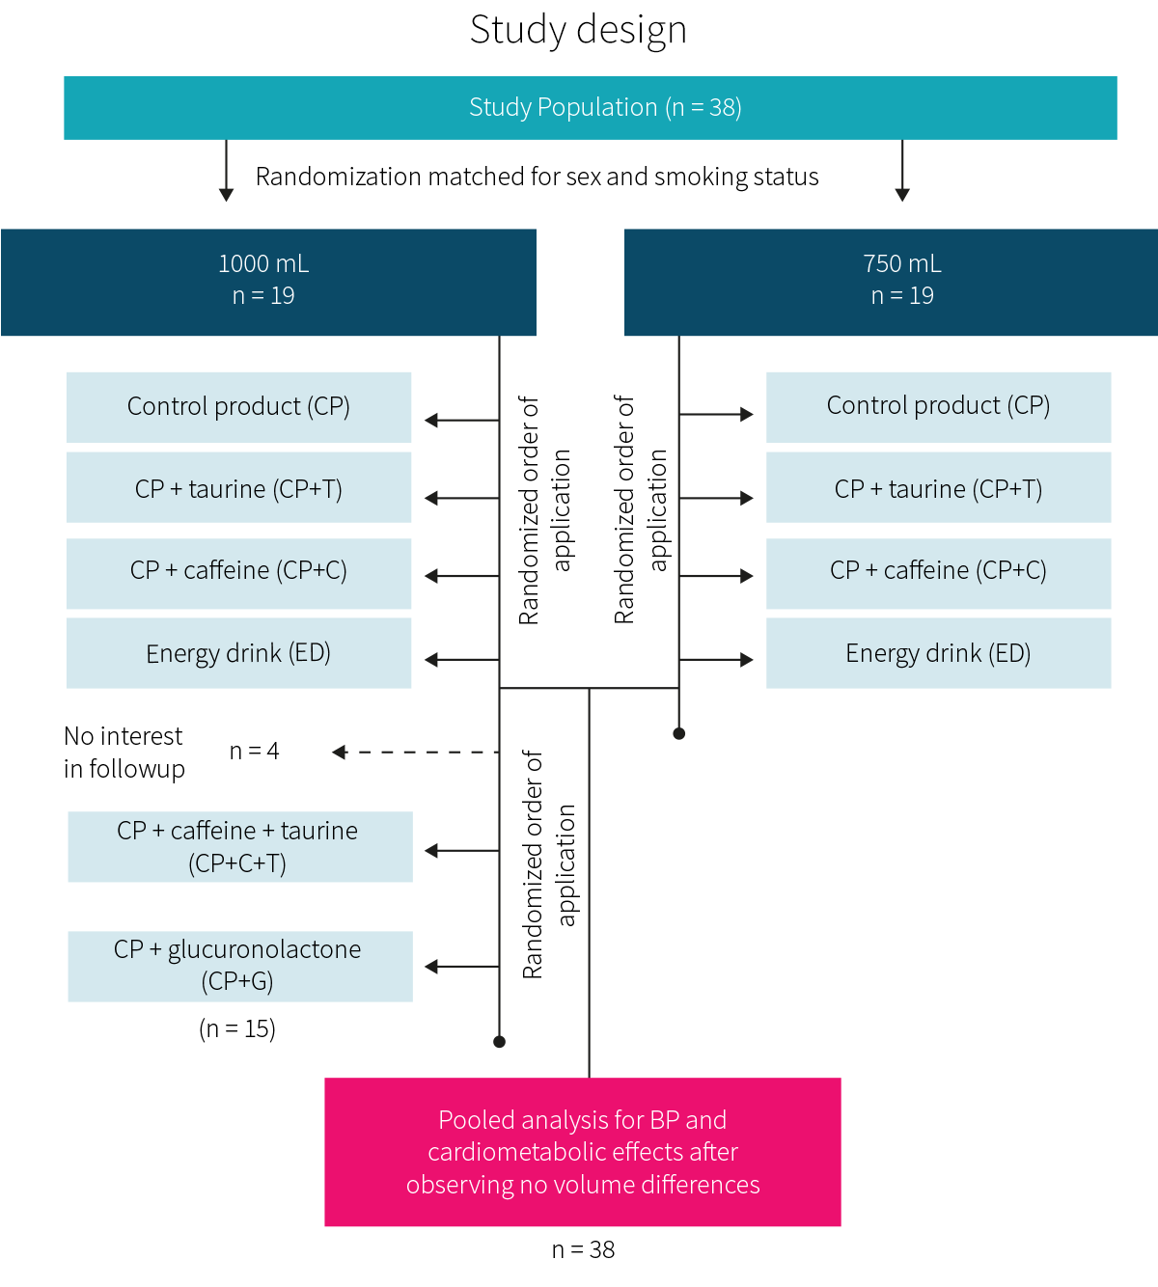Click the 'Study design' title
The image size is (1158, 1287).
pyautogui.click(x=578, y=30)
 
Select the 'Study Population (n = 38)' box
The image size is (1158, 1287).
pyautogui.click(x=590, y=108)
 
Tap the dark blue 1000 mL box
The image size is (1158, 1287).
pyautogui.click(x=268, y=283)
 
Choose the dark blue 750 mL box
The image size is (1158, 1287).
pyautogui.click(x=891, y=283)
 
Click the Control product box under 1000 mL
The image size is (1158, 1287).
pyautogui.click(x=238, y=407)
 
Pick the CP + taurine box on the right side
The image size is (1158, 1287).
pyautogui.click(x=939, y=487)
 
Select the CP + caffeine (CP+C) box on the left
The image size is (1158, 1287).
pyautogui.click(x=238, y=574)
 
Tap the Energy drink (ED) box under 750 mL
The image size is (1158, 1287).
pyautogui.click(x=939, y=653)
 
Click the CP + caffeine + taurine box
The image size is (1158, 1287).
pyautogui.click(x=240, y=847)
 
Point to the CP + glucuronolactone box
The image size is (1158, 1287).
pyautogui.click(x=240, y=966)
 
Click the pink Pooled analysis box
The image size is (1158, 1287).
pyautogui.click(x=583, y=1152)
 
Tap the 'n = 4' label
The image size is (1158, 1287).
pyautogui.click(x=254, y=751)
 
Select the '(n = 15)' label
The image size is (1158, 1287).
pyautogui.click(x=237, y=1028)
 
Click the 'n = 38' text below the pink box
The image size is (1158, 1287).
pyautogui.click(x=583, y=1249)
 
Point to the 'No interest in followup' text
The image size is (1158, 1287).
pyautogui.click(x=124, y=753)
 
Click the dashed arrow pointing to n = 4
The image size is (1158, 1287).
pyautogui.click(x=415, y=752)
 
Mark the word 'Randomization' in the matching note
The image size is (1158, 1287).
pyautogui.click(x=339, y=177)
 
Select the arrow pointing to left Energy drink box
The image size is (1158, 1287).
pyautogui.click(x=462, y=660)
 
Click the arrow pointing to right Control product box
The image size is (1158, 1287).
pyautogui.click(x=716, y=415)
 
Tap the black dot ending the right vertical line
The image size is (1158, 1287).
pyautogui.click(x=679, y=733)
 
